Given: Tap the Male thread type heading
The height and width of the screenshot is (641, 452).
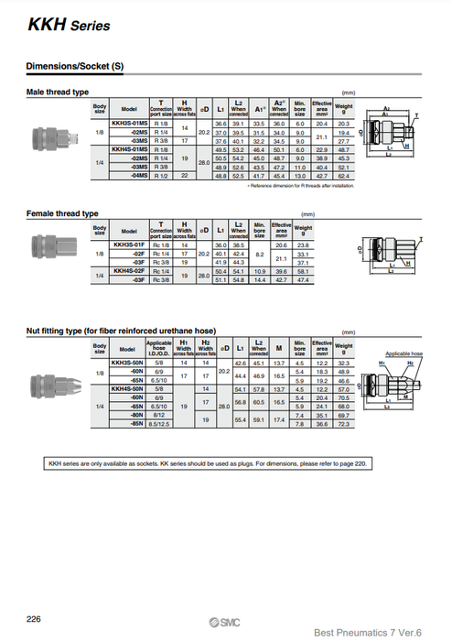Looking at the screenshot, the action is point(57,92).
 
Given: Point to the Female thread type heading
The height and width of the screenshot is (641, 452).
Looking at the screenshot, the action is point(63,214).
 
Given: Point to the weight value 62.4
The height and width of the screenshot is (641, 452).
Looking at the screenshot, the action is point(343,175).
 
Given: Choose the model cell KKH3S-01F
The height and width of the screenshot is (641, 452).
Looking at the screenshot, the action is point(127,244).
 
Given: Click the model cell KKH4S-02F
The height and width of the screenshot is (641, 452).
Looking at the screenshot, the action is point(127,271).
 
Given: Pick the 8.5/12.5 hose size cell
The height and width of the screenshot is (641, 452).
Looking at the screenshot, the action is point(159,424).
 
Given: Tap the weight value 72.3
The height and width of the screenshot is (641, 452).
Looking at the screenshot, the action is point(345,424).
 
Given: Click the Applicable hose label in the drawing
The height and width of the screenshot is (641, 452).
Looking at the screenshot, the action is point(403,353).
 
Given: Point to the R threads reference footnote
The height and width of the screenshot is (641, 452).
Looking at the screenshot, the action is point(301,184).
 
